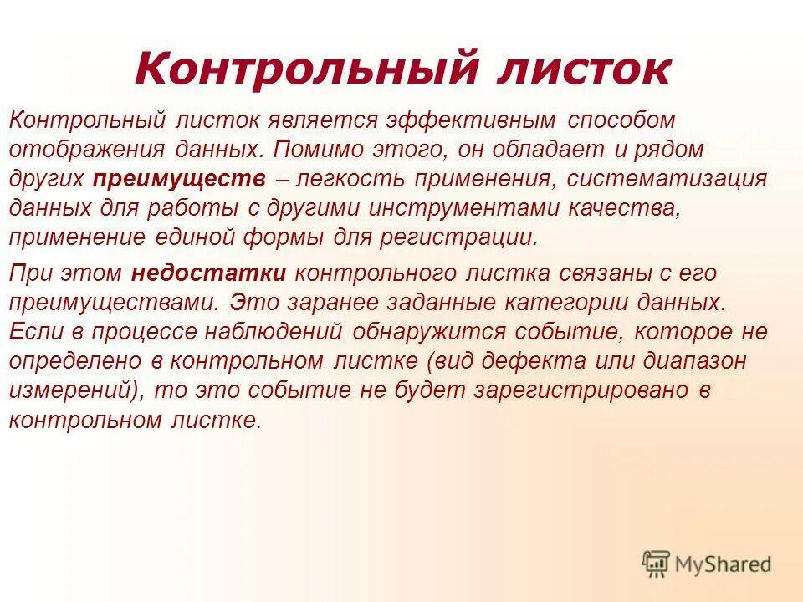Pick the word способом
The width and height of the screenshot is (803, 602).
point(621,120)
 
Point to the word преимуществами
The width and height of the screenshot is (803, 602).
point(114,302)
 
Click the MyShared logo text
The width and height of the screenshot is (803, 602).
point(724,564)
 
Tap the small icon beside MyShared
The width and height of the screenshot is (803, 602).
point(657,564)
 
